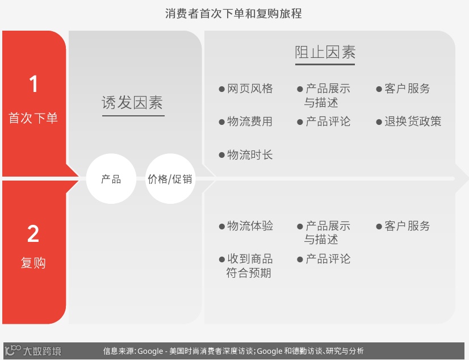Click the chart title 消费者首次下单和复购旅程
233,13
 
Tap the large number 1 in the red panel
33,85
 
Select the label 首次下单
33,119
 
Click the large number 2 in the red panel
33,234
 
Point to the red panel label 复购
33,263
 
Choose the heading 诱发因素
132,102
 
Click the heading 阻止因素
325,53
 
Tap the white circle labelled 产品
111,179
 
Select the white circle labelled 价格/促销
170,179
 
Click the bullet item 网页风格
250,89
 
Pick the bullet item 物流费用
250,122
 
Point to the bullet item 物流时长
250,154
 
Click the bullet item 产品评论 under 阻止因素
328,122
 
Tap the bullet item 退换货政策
413,122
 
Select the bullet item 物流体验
250,226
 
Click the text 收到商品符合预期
249,266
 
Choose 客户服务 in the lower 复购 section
407,226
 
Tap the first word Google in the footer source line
150,351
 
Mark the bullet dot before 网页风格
222,89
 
